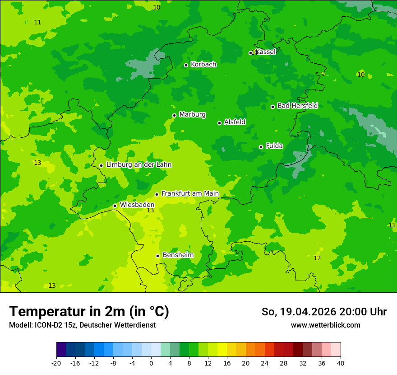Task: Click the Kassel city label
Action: coord(265,52)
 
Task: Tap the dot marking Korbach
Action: coord(186,65)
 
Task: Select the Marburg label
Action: coord(192,115)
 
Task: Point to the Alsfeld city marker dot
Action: coord(219,123)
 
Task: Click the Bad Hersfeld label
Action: coord(297,106)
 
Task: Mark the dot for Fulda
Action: coord(261,147)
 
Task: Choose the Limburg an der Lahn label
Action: coord(138,165)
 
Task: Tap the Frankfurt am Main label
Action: coord(190,193)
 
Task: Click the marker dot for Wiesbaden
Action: coord(115,206)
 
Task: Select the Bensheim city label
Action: coord(178,255)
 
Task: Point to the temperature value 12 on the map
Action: coord(317,258)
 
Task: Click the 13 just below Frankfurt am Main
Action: coord(150,211)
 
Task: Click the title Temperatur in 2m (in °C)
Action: coord(89,312)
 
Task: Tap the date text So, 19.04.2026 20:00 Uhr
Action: coord(324,312)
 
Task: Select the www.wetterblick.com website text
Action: coord(325,325)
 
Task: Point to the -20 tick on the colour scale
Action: coord(56,363)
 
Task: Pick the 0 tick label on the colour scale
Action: coord(151,363)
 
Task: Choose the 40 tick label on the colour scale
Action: coord(341,363)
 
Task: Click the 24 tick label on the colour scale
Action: coord(265,363)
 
